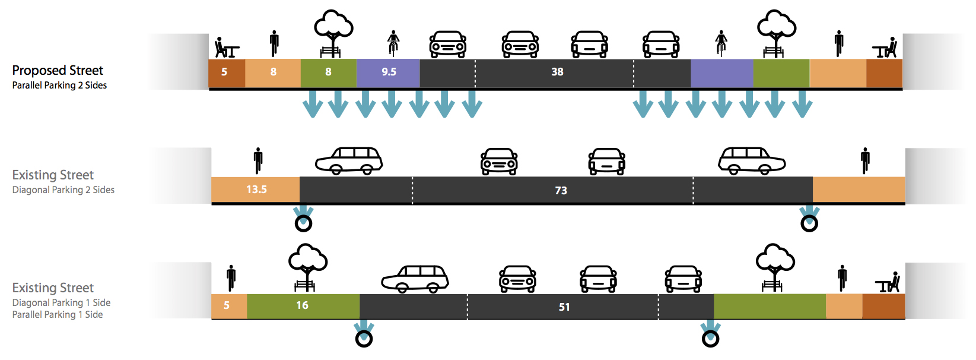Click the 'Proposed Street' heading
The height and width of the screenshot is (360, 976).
[x=58, y=70]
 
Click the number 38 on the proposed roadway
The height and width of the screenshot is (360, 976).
[x=557, y=72]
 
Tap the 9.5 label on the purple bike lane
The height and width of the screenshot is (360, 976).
[x=389, y=72]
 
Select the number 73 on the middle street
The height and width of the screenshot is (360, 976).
[x=561, y=190]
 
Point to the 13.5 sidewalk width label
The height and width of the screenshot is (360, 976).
[x=256, y=190]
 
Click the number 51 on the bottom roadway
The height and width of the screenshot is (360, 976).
[x=564, y=307]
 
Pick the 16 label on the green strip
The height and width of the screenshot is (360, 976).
[x=302, y=305]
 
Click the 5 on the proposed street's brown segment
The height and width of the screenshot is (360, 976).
[x=224, y=72]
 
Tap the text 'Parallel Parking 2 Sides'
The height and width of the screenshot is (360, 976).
[x=59, y=86]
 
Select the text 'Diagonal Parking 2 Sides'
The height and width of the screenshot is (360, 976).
[x=63, y=190]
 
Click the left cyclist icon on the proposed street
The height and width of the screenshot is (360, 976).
[x=393, y=43]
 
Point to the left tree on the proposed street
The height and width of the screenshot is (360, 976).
[x=333, y=33]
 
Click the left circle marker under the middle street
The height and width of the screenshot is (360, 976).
[x=303, y=223]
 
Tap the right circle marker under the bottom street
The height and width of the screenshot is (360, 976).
[x=710, y=339]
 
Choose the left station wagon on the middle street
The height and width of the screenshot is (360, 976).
[x=349, y=161]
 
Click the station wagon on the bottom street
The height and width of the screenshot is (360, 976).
[x=415, y=279]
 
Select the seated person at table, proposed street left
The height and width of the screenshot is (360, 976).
[x=225, y=48]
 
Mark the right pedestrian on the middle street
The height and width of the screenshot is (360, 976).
[x=866, y=160]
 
